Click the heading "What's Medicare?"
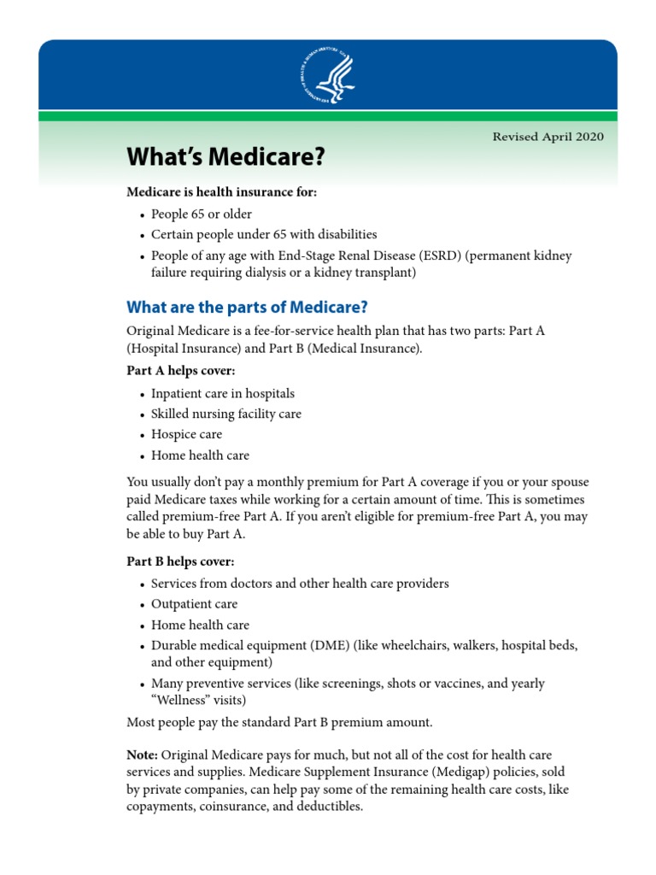(x=226, y=156)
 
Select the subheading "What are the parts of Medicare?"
(x=248, y=307)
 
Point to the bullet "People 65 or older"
(x=202, y=214)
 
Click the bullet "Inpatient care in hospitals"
(x=223, y=394)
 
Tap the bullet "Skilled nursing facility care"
(x=226, y=414)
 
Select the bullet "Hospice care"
(x=186, y=435)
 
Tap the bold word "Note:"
(x=142, y=755)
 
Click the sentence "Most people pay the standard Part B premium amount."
(x=279, y=723)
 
